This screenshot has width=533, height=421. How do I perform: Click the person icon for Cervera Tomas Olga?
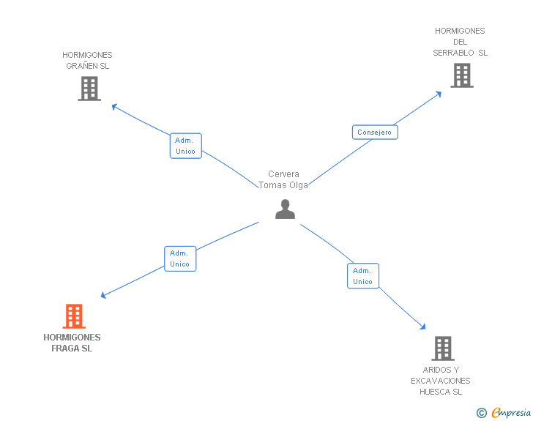pyautogui.click(x=285, y=209)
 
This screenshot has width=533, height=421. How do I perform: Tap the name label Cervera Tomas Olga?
pyautogui.click(x=283, y=179)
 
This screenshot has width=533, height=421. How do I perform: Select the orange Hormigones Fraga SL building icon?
pyautogui.click(x=73, y=316)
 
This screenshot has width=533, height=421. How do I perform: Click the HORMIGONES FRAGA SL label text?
pyautogui.click(x=72, y=343)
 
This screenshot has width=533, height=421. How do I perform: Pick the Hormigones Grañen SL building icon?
pyautogui.click(x=89, y=89)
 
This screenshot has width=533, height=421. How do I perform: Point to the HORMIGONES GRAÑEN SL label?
pyautogui.click(x=87, y=60)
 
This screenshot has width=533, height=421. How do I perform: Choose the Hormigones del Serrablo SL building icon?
pyautogui.click(x=461, y=75)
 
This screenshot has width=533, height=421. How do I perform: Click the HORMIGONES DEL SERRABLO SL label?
pyautogui.click(x=460, y=42)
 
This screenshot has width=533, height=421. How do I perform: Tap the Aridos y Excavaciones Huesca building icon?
pyautogui.click(x=442, y=349)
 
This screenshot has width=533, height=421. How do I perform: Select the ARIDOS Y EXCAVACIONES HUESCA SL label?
pyautogui.click(x=441, y=381)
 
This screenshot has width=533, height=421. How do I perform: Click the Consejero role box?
pyautogui.click(x=375, y=133)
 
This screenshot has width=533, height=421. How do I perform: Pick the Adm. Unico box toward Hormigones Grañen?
pyautogui.click(x=185, y=146)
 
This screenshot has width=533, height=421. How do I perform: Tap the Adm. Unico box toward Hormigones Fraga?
pyautogui.click(x=179, y=258)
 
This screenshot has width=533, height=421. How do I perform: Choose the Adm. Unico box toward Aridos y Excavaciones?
pyautogui.click(x=362, y=276)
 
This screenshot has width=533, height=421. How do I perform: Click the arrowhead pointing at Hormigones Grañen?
pyautogui.click(x=114, y=106)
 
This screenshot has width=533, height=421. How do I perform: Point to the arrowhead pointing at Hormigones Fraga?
pyautogui.click(x=104, y=296)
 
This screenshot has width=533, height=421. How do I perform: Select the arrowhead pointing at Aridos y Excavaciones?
pyautogui.click(x=422, y=327)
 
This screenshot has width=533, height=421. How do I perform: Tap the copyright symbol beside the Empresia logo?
pyautogui.click(x=481, y=413)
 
